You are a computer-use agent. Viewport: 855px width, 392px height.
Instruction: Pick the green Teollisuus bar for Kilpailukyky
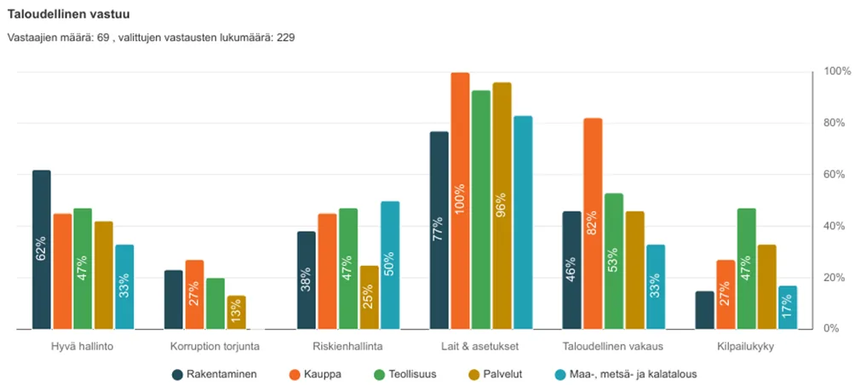tap(746, 268)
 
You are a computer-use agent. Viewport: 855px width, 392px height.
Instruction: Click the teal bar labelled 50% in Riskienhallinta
tap(389, 265)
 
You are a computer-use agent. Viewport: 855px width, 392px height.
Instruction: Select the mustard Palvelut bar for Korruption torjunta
tap(236, 312)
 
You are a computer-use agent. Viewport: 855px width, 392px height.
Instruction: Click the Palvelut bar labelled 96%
tap(502, 205)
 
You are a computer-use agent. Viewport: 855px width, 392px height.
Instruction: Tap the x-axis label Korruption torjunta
tap(215, 347)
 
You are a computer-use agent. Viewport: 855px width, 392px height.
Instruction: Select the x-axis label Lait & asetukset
tap(480, 347)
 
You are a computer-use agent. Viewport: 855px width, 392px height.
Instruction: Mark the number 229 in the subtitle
tap(285, 38)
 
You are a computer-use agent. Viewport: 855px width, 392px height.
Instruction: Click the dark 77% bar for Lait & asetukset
tap(439, 230)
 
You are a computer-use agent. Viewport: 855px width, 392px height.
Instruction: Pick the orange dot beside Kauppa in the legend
tap(291, 373)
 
